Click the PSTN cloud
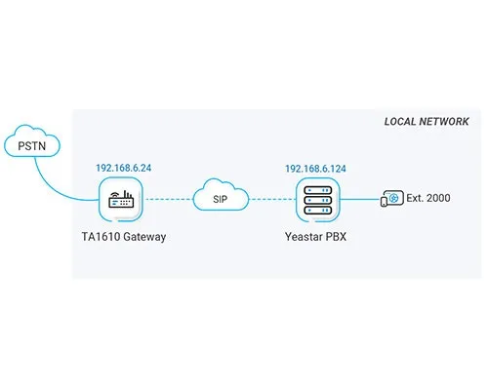[32, 140]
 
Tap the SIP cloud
[221, 195]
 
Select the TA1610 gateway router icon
[121, 199]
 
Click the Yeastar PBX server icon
[318, 200]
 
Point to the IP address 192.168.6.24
[124, 168]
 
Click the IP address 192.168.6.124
[315, 169]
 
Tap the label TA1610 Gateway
[124, 237]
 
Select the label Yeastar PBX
[315, 237]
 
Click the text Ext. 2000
[428, 198]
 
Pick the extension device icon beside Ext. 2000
[392, 198]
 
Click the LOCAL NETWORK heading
[427, 122]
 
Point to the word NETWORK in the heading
[444, 122]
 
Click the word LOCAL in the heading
[400, 122]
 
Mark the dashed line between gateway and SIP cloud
[169, 199]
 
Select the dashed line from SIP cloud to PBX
[272, 199]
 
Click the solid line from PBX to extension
[360, 199]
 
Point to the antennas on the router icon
[127, 194]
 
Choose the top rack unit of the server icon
[318, 190]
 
